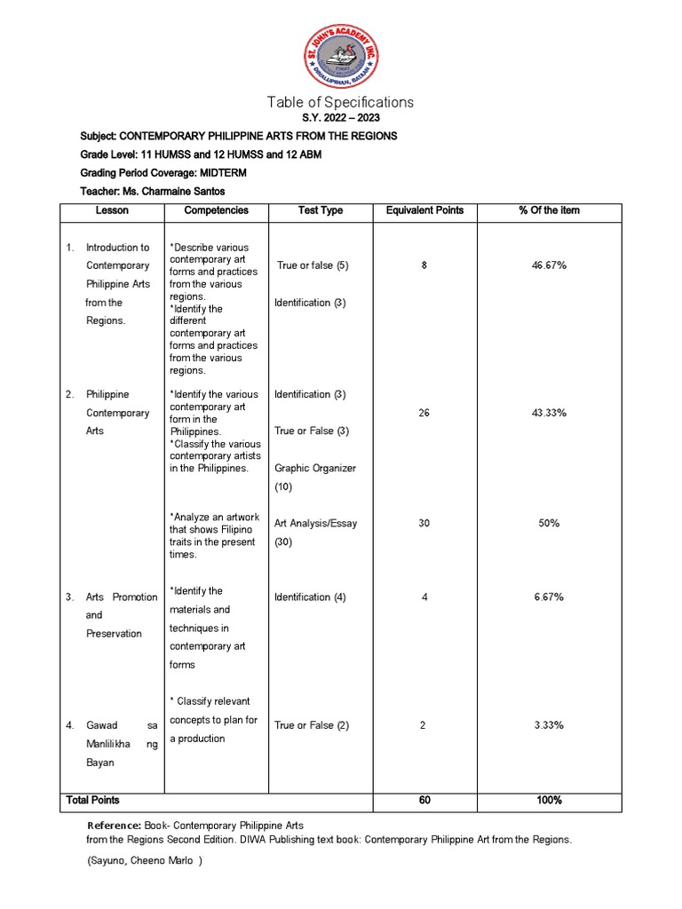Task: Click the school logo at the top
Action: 340,56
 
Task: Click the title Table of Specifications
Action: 340,102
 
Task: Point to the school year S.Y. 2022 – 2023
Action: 340,119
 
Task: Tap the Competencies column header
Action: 216,210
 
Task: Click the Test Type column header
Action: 321,210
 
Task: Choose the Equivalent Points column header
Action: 424,210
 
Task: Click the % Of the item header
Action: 549,210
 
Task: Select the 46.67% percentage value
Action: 549,265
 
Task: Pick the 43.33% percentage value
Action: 549,413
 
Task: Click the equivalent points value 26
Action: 424,413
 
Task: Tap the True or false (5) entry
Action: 313,265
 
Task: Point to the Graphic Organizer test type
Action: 315,468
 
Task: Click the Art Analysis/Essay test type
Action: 315,524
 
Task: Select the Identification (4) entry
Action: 310,597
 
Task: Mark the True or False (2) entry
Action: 312,725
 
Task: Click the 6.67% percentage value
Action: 549,597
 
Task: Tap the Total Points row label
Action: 92,800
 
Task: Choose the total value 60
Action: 424,801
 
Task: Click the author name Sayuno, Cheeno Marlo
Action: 145,861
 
